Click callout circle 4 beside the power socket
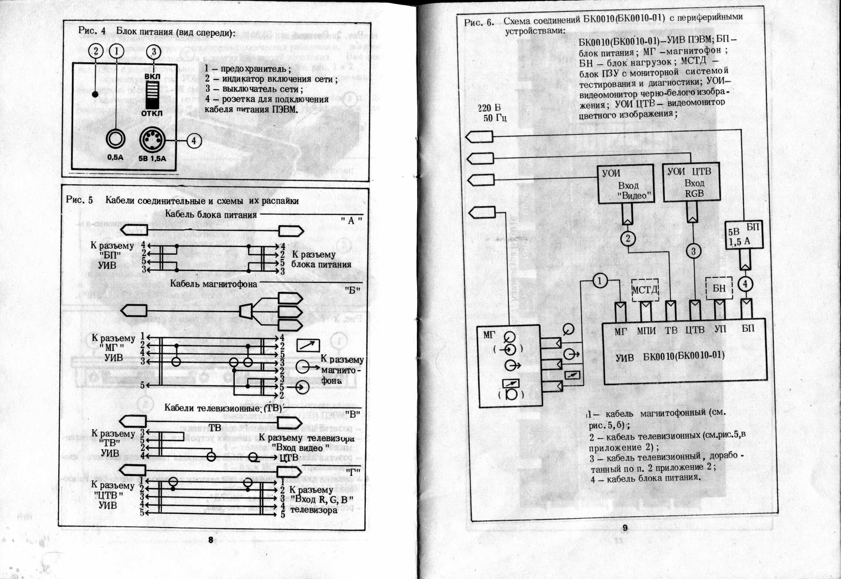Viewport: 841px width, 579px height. pos(194,141)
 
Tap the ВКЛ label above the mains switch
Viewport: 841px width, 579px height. pos(152,76)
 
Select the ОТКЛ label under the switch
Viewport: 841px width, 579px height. pos(152,113)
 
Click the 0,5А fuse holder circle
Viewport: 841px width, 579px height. pos(115,139)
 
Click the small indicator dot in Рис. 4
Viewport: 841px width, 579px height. pos(95,94)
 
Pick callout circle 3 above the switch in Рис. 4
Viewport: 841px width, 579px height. pos(154,51)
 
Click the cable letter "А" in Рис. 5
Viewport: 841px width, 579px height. pos(351,221)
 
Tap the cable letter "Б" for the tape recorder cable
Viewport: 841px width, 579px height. pos(352,290)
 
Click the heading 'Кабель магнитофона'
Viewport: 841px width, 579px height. pos(214,284)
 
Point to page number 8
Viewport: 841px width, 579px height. pos(211,540)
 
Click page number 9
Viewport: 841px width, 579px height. pos(625,528)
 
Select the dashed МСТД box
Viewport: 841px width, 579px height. pos(645,290)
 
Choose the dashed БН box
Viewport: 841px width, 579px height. pos(719,288)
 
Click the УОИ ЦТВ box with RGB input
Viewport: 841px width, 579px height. pos(691,182)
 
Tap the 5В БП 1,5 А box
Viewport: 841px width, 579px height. pos(744,235)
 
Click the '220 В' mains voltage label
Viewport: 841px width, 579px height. pos(489,108)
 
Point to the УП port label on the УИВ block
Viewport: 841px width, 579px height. pos(720,329)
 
